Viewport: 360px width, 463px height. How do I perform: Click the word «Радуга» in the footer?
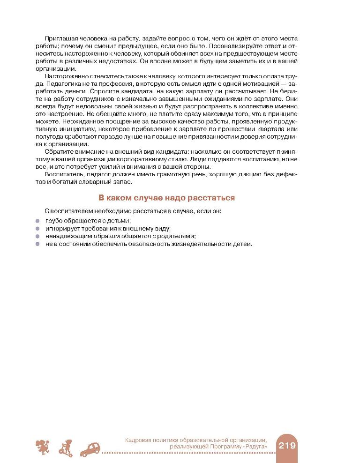coord(257,448)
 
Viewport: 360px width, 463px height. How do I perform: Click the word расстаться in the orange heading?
coord(212,198)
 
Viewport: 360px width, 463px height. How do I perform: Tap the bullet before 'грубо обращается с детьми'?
coord(37,220)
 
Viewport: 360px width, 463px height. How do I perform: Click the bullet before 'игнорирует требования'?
coord(37,228)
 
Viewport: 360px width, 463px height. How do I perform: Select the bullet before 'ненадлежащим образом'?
coord(37,236)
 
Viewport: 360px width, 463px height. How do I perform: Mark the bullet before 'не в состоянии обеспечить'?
coord(37,244)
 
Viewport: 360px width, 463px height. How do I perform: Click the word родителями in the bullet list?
coord(179,236)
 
